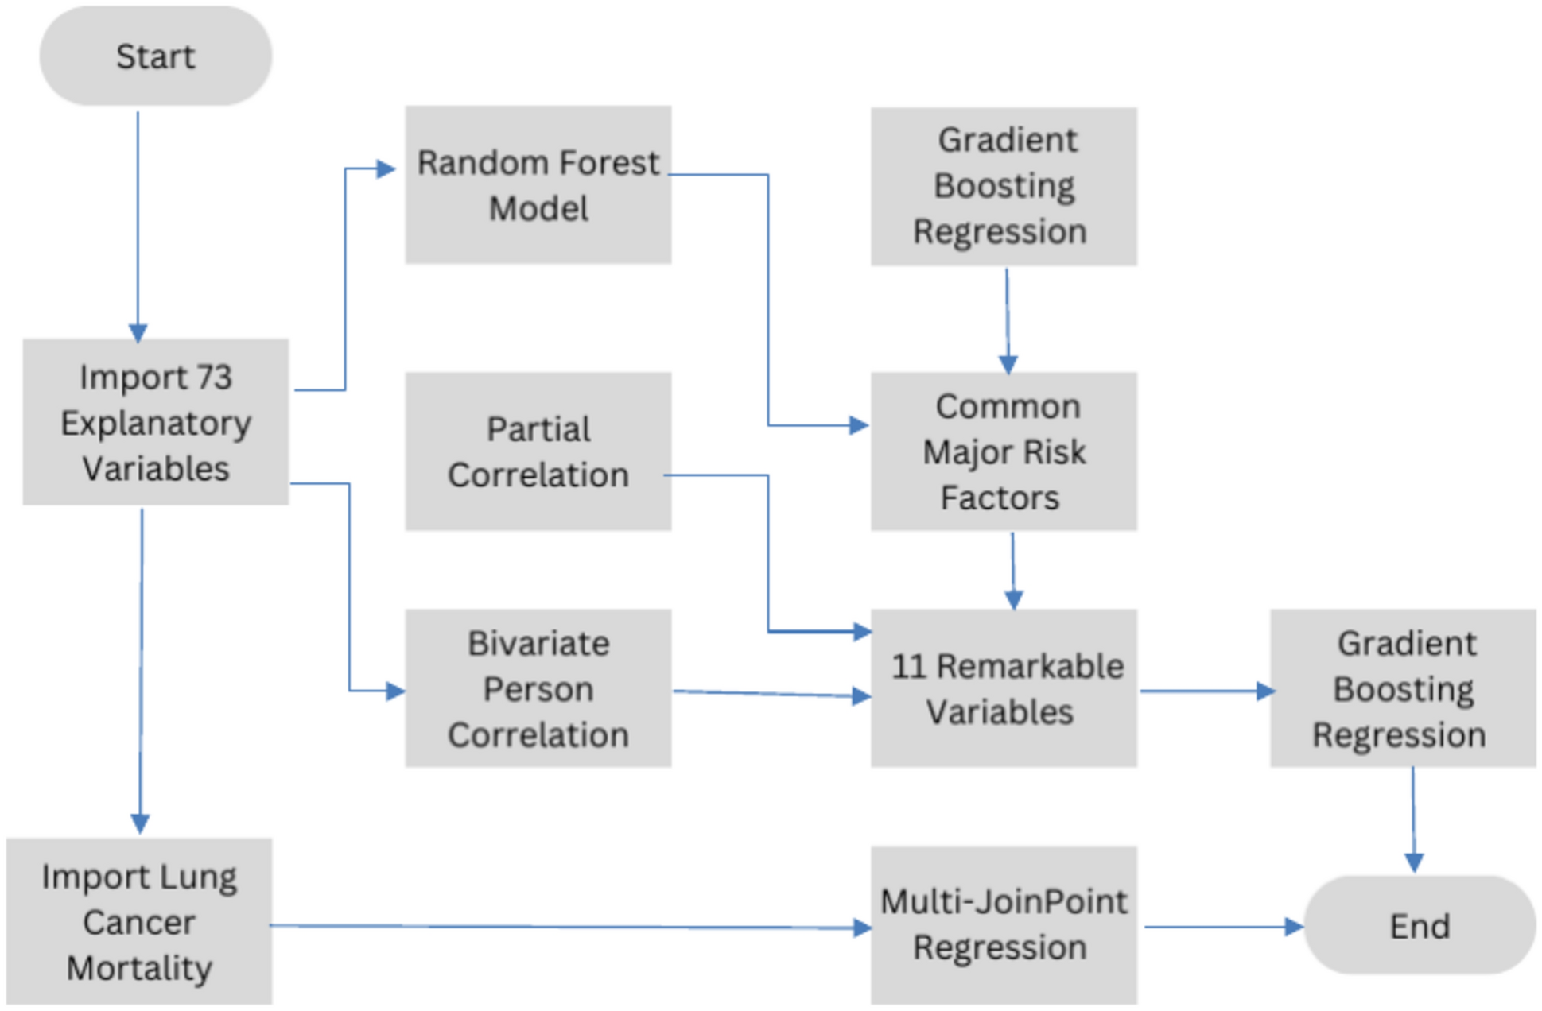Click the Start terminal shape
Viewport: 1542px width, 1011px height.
coord(156,56)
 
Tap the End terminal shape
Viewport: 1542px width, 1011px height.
coord(1420,925)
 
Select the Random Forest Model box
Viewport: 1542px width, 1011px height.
coord(538,184)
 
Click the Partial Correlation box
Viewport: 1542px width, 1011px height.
coord(538,451)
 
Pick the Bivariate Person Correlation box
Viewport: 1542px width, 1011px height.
coord(538,688)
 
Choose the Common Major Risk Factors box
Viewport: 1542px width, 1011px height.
coord(1003,451)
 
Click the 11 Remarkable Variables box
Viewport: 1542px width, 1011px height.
coord(1003,688)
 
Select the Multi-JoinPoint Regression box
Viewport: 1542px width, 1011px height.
coord(1003,924)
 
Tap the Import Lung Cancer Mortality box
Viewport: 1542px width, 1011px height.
coord(139,921)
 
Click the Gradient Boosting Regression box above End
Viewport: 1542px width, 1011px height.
coord(1402,688)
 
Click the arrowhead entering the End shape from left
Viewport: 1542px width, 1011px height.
coord(1293,927)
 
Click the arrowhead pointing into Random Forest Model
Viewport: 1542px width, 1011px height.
coord(386,168)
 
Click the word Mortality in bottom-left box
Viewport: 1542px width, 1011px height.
coord(139,968)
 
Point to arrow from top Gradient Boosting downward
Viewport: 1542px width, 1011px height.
coord(1007,318)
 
